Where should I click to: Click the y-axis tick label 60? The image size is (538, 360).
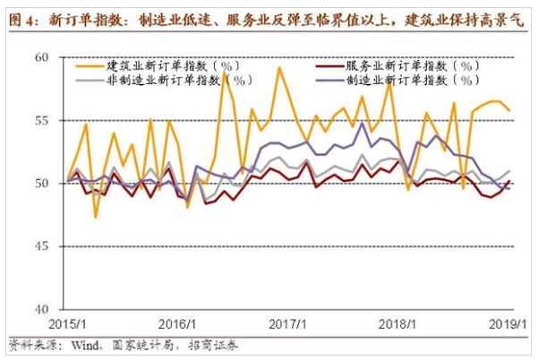point(47,57)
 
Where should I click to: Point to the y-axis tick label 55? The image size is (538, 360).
point(47,120)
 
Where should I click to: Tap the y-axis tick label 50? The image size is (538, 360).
point(47,183)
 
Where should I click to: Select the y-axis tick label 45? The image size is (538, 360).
point(47,246)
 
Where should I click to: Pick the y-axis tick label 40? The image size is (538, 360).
point(47,309)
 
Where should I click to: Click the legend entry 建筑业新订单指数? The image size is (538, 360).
point(156,65)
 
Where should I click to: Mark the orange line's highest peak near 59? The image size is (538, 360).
point(279,67)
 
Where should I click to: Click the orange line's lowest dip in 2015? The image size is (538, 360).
point(96,217)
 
